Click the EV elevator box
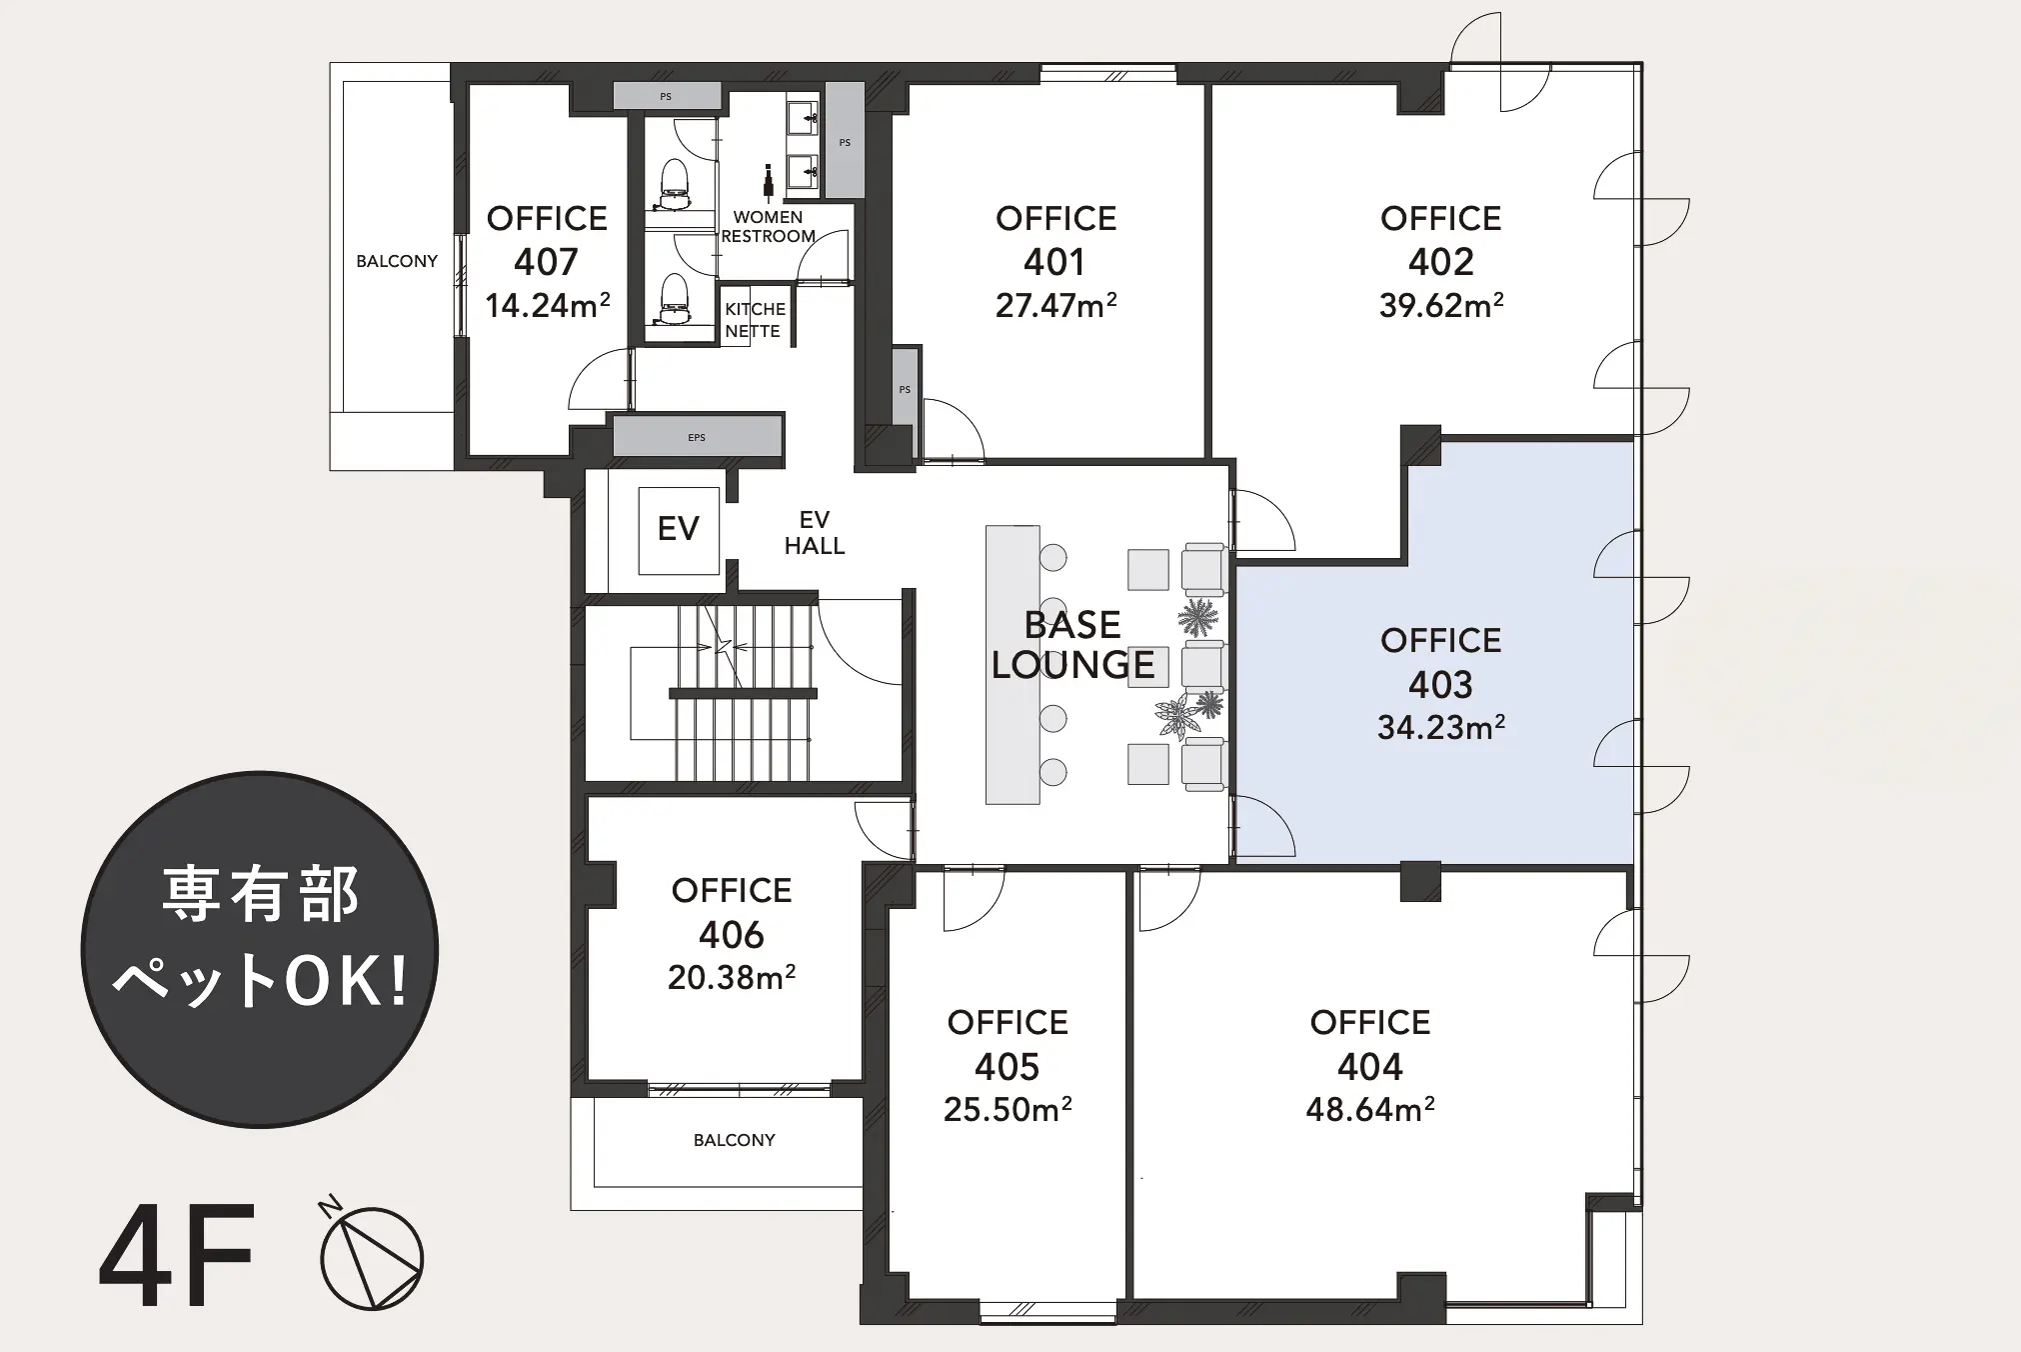coord(679,530)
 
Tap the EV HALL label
coord(815,533)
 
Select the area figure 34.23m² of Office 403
coord(1441,727)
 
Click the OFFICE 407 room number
coord(547,262)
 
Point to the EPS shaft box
coord(697,437)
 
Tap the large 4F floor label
coord(176,1258)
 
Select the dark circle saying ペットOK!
coord(260,949)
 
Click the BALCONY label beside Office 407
coord(397,261)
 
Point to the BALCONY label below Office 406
coord(735,1140)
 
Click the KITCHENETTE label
coord(755,320)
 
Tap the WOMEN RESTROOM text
coord(768,227)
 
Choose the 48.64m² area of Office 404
coord(1370,1109)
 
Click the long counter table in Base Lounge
coord(1012,665)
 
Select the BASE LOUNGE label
coord(1073,645)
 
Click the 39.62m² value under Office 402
coord(1441,305)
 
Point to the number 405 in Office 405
coord(1008,1067)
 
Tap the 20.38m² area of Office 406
coord(732,977)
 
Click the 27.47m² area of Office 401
coord(1055,305)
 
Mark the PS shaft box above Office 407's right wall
coord(667,96)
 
